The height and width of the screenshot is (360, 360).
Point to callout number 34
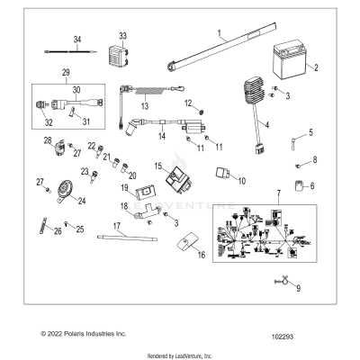tap(77, 40)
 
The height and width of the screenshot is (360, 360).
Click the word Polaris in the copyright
tap(71, 333)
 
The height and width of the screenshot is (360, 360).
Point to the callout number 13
tap(142, 105)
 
